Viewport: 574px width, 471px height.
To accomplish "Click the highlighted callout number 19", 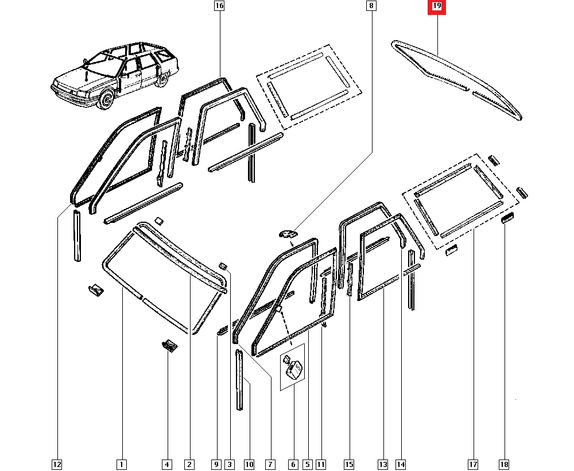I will coord(437,7).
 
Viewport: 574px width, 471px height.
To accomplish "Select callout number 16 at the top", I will coord(219,6).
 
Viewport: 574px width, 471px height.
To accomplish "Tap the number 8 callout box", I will coord(371,6).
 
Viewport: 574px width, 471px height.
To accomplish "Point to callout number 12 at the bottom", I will coord(56,464).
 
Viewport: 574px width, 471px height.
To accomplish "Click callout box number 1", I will coord(122,464).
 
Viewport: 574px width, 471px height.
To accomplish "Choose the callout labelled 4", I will coord(166,464).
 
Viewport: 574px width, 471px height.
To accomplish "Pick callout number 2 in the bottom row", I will coord(189,464).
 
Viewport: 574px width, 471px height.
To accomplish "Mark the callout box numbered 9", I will coord(216,464).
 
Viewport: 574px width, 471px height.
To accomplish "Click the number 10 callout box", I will coord(249,464).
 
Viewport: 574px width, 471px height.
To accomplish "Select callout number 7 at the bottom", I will coord(269,464).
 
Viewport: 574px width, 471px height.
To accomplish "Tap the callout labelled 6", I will coord(293,464).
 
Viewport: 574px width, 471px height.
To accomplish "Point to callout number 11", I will coord(321,464).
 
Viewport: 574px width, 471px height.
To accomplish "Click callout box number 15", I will coord(349,464).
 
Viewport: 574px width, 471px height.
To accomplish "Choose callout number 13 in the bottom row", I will coord(383,464).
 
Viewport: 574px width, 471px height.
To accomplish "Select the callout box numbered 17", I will coord(473,464).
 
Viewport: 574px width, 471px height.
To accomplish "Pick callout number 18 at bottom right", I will coord(505,464).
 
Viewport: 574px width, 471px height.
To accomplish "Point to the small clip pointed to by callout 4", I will coord(169,345).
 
